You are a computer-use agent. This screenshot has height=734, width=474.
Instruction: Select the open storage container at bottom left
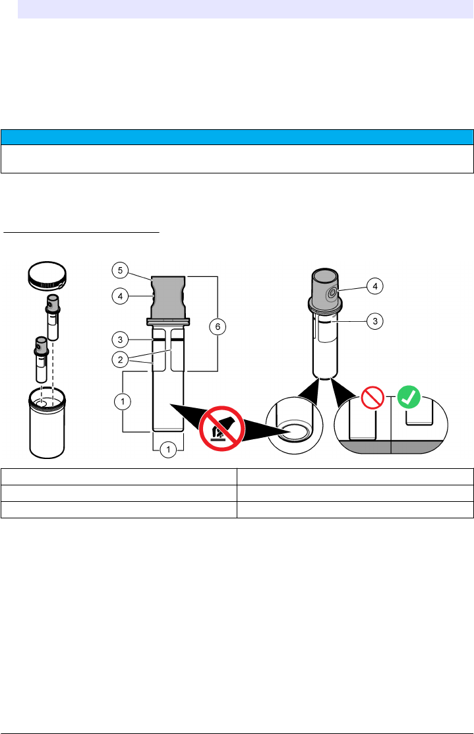tap(46, 421)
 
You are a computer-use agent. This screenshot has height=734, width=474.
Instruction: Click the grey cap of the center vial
tap(169, 297)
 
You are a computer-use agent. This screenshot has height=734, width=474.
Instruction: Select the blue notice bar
tap(237, 137)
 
